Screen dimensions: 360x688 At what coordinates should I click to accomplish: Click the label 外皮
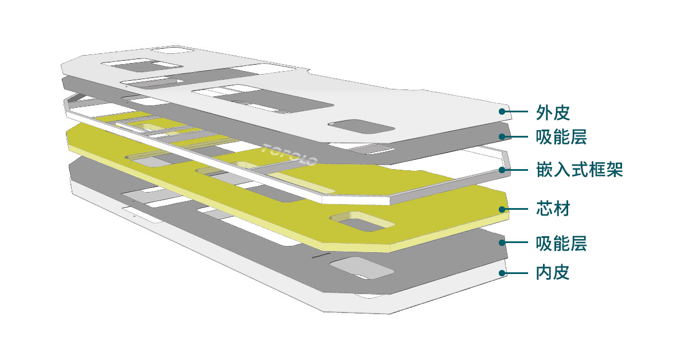[x=553, y=112]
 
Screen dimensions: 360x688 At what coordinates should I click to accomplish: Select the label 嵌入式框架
[x=578, y=170]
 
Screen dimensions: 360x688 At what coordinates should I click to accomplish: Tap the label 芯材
[x=553, y=209]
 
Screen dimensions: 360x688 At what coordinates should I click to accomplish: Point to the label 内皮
[x=553, y=272]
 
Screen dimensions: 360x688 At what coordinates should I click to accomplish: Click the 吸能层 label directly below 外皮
[x=561, y=138]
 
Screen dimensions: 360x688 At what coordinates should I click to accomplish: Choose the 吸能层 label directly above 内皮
[x=561, y=243]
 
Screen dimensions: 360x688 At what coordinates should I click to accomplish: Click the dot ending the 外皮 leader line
[x=502, y=112]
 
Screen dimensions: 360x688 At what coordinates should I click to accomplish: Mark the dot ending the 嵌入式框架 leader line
[x=502, y=170]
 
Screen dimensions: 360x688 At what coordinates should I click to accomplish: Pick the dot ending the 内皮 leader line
[x=502, y=273]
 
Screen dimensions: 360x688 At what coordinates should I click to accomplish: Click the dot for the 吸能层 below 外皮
[x=502, y=136]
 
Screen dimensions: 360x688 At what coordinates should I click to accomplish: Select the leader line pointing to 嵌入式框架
[x=516, y=170]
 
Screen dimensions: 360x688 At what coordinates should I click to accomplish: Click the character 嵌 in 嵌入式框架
[x=545, y=170]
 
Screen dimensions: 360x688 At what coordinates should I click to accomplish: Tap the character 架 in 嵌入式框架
[x=613, y=170]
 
